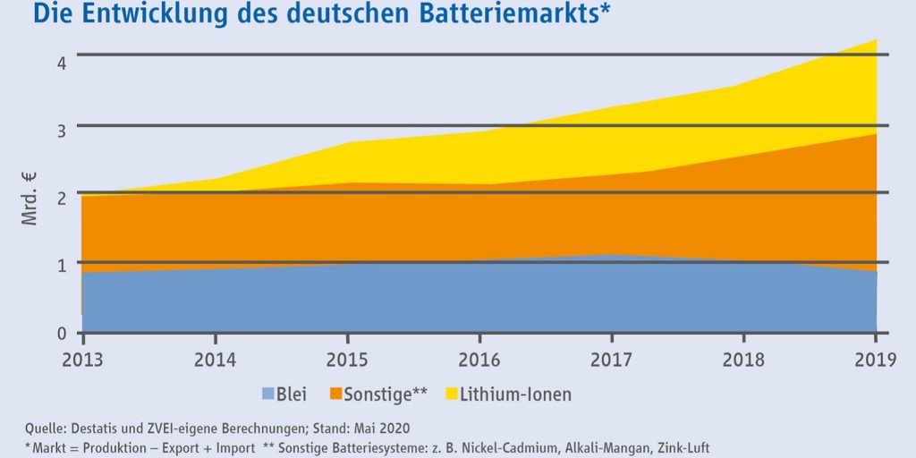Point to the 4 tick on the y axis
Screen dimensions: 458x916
pos(60,64)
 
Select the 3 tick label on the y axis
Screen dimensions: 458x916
pos(60,131)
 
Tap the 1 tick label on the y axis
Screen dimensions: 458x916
pos(60,265)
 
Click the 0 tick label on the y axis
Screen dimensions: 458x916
pos(60,333)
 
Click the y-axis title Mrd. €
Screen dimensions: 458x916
pos(30,198)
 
